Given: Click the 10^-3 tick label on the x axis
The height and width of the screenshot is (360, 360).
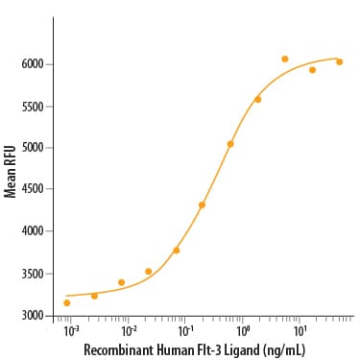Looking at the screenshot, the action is (x=71, y=332).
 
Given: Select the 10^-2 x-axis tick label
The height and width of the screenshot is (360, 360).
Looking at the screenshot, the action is (x=128, y=332).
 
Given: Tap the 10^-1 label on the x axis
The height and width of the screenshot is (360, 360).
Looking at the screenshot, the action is (x=184, y=332).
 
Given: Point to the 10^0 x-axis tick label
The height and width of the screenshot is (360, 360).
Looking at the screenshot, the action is (x=243, y=332).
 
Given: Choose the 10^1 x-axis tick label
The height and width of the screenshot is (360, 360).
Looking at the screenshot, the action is (x=300, y=332).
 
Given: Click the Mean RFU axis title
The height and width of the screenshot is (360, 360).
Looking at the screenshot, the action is (x=10, y=172).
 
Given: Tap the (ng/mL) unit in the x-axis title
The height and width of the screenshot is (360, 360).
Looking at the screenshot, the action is (x=283, y=349).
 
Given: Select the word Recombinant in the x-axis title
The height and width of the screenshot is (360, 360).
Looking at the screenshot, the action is (x=118, y=349).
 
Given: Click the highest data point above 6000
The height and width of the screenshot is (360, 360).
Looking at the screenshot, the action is (x=285, y=59).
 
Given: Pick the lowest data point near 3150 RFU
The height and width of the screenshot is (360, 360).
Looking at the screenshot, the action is (x=67, y=302).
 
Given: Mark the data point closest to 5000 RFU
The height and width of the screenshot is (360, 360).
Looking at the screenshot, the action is (x=230, y=144).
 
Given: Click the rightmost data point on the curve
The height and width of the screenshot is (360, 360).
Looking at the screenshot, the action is (x=340, y=61).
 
